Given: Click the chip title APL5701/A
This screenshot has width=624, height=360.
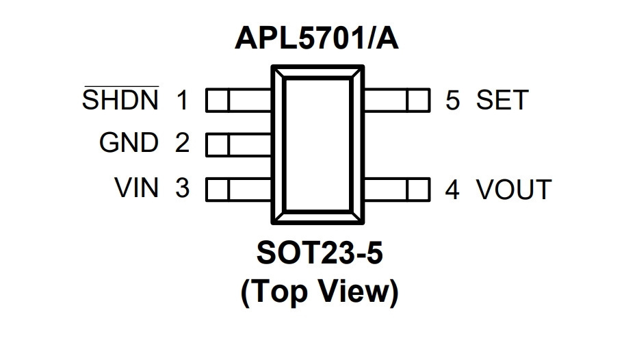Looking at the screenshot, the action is (316, 38).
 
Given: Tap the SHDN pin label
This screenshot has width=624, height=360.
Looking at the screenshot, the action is (120, 99).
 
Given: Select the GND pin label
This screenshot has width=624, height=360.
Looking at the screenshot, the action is (129, 142).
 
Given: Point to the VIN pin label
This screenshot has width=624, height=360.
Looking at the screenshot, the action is (137, 188).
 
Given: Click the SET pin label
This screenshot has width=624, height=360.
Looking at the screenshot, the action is (502, 99).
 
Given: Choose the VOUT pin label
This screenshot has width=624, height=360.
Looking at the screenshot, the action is (514, 189).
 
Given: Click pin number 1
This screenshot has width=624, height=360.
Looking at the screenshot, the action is (182, 100).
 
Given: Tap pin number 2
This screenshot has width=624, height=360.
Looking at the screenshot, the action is (182, 142).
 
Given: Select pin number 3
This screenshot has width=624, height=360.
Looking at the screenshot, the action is (182, 188).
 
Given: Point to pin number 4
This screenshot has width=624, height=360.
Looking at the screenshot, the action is (452, 189).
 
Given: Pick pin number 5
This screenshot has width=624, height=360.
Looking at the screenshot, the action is (453, 100).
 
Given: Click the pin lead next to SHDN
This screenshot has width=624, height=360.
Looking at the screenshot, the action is (239, 99).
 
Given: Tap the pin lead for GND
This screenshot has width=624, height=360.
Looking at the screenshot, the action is (239, 144).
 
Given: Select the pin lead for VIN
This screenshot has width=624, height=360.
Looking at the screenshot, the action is (239, 189).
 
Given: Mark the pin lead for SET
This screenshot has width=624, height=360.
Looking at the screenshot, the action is (397, 100).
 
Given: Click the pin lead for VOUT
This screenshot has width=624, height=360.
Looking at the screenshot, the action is (397, 189).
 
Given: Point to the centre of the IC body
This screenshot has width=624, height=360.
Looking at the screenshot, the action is (317, 144).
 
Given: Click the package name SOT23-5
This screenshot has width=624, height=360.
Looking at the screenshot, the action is (320, 253).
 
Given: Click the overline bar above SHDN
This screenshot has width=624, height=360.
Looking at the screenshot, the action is (121, 86).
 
